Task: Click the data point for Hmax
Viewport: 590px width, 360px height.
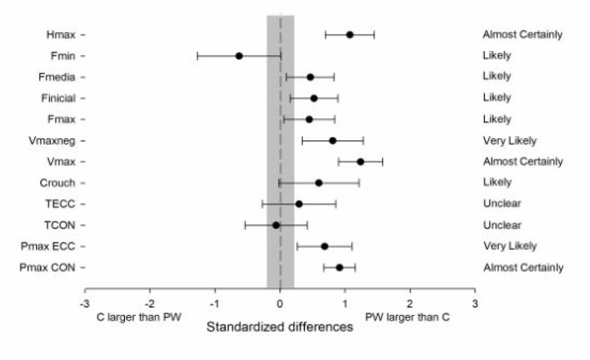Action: pyautogui.click(x=350, y=35)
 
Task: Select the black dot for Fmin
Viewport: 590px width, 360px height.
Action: pyautogui.click(x=239, y=55)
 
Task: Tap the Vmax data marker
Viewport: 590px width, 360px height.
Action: pyautogui.click(x=360, y=161)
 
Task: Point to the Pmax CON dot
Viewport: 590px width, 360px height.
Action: pyautogui.click(x=340, y=267)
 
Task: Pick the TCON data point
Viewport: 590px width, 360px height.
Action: pyautogui.click(x=276, y=225)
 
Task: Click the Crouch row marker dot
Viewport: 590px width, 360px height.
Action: pyautogui.click(x=318, y=183)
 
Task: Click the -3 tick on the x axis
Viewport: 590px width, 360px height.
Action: pyautogui.click(x=84, y=303)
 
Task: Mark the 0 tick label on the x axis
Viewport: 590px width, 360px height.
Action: pyautogui.click(x=280, y=303)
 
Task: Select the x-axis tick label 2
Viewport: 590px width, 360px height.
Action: pyautogui.click(x=410, y=303)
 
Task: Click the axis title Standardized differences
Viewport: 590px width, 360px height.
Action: pyautogui.click(x=280, y=327)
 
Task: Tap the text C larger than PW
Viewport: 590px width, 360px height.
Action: pyautogui.click(x=138, y=316)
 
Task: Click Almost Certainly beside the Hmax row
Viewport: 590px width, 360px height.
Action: pyautogui.click(x=523, y=35)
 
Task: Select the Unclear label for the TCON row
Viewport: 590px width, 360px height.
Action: pyautogui.click(x=502, y=225)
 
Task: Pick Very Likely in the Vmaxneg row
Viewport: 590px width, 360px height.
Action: pyautogui.click(x=509, y=140)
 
